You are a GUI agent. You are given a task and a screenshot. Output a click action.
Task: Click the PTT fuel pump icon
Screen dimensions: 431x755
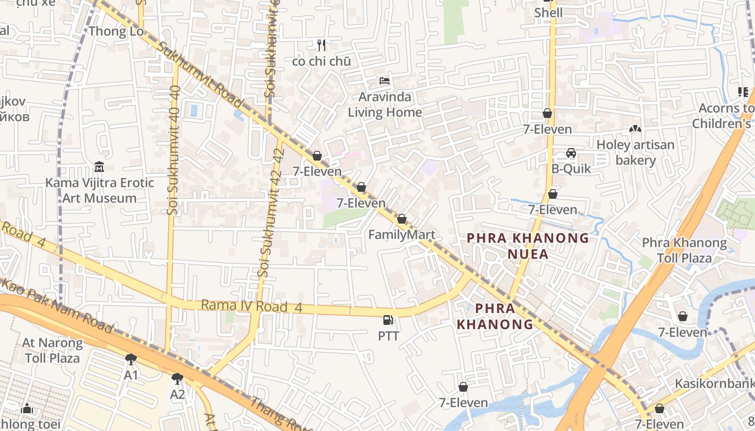coord(388,320)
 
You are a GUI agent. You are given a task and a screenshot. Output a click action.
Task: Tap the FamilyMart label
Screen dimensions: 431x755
coord(401,235)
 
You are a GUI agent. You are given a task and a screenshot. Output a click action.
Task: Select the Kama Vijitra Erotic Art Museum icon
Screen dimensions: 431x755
coord(99,167)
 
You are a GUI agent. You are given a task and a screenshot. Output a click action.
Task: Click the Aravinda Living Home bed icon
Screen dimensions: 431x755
coord(385,81)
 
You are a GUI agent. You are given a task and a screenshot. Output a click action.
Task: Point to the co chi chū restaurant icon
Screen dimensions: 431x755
coord(321,45)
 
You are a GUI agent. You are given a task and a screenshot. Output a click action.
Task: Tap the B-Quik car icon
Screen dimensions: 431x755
coord(571,153)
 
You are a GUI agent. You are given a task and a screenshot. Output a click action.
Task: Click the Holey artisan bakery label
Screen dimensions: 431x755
coord(635,152)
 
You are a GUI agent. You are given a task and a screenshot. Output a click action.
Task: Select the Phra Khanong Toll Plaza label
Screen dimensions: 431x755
coord(684,251)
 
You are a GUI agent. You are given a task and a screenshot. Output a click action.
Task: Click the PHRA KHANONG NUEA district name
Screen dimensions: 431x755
coord(528,246)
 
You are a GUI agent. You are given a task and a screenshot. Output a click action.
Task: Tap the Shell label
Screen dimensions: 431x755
coord(548,13)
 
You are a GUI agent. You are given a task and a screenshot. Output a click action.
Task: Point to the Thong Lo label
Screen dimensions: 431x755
coord(116,31)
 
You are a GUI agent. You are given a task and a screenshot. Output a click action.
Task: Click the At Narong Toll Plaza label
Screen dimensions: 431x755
coord(52,350)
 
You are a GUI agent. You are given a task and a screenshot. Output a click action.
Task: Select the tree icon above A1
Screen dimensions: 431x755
coord(131,359)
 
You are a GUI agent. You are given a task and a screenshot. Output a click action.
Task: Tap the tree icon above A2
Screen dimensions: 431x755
coord(177,378)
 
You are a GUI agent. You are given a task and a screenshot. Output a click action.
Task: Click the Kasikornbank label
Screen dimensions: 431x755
coord(715,384)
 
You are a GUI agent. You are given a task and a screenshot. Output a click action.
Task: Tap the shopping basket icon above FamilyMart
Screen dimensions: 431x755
coord(401,219)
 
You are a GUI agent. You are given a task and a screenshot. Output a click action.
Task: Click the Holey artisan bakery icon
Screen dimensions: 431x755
coord(635,129)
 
